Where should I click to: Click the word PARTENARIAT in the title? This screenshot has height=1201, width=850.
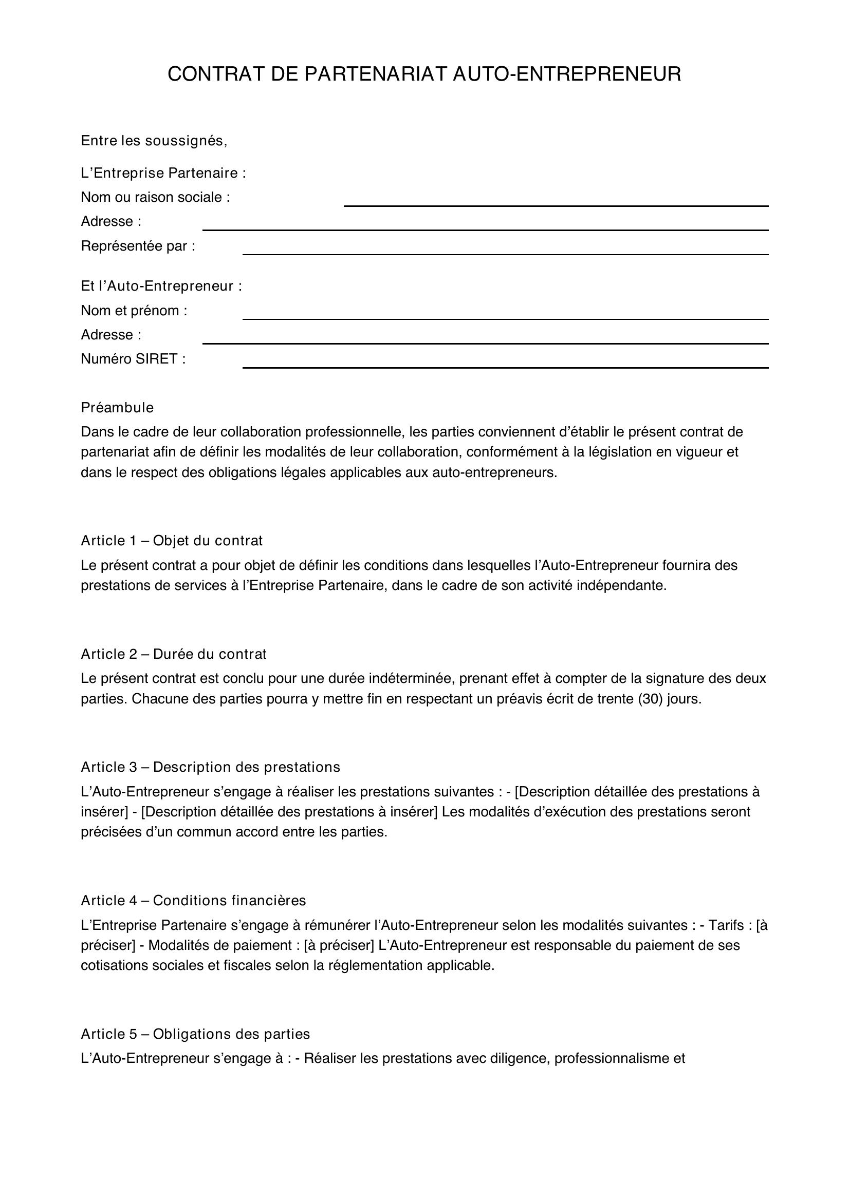pos(375,74)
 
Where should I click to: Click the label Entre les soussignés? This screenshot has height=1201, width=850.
pos(154,141)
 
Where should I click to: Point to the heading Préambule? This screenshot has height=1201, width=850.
pos(117,408)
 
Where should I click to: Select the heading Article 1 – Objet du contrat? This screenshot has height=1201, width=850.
pos(172,541)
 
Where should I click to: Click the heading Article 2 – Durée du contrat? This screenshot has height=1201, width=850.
pos(174,654)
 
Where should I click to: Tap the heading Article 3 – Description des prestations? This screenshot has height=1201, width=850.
pos(210,767)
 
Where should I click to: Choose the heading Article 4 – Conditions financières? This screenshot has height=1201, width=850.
pos(193,901)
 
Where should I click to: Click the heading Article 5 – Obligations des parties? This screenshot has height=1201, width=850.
pos(195,1034)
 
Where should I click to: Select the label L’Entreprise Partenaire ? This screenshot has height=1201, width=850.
pos(163,173)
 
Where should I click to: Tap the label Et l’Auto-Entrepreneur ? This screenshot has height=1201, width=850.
pos(161,287)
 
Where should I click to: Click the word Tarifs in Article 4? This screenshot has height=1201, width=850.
pos(726,925)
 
